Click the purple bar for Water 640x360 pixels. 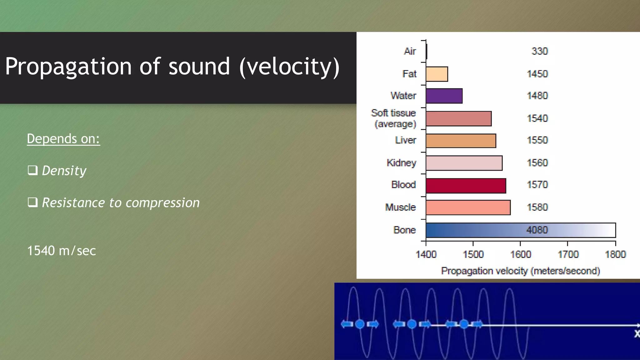pyautogui.click(x=444, y=96)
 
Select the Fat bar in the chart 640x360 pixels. pyautogui.click(x=437, y=74)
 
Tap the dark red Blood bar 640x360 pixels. pyautogui.click(x=466, y=186)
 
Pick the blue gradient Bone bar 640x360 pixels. pyautogui.click(x=520, y=230)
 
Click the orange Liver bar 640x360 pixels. pyautogui.click(x=461, y=141)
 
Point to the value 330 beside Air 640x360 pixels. pyautogui.click(x=539, y=51)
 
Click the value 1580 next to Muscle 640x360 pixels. pyautogui.click(x=537, y=207)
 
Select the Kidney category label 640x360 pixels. pyautogui.click(x=401, y=163)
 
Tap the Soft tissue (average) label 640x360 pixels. pyautogui.click(x=394, y=118)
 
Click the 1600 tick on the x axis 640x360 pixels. pyautogui.click(x=520, y=254)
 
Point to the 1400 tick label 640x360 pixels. pyautogui.click(x=426, y=254)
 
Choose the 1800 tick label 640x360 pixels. pyautogui.click(x=615, y=254)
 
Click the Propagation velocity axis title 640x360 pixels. pyautogui.click(x=520, y=271)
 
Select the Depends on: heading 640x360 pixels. pyautogui.click(x=63, y=139)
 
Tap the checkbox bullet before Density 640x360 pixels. pyautogui.click(x=32, y=170)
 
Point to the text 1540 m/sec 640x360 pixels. pyautogui.click(x=62, y=251)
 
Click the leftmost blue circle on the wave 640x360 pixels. pyautogui.click(x=360, y=324)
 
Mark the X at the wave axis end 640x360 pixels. pyautogui.click(x=637, y=334)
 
